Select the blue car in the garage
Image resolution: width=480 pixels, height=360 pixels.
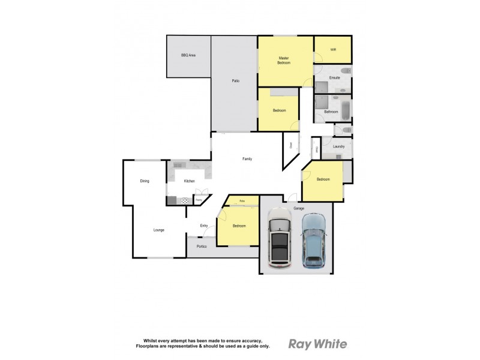tap(313, 241)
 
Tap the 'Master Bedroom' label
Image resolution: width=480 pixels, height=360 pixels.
tap(284, 61)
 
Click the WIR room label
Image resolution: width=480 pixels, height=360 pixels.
tap(333, 50)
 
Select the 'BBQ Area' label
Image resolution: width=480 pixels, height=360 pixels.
tap(188, 55)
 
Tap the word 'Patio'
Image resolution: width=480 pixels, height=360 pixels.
tap(236, 80)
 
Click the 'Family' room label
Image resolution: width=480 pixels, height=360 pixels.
tap(247, 159)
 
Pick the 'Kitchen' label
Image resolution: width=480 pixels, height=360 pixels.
tap(190, 181)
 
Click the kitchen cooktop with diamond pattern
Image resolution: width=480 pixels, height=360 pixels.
tap(185, 200)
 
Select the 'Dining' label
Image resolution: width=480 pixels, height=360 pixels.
tap(145, 181)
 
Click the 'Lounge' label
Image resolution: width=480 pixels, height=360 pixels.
tap(159, 230)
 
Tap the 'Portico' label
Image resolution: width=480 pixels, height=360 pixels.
tap(202, 246)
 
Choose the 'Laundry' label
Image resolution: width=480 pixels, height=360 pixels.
tap(338, 146)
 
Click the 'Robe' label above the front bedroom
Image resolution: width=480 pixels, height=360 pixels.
tap(242, 200)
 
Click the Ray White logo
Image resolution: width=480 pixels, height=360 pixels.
tap(317, 344)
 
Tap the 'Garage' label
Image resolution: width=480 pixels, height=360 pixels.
tap(299, 208)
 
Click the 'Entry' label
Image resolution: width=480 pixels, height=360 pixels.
tap(204, 226)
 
